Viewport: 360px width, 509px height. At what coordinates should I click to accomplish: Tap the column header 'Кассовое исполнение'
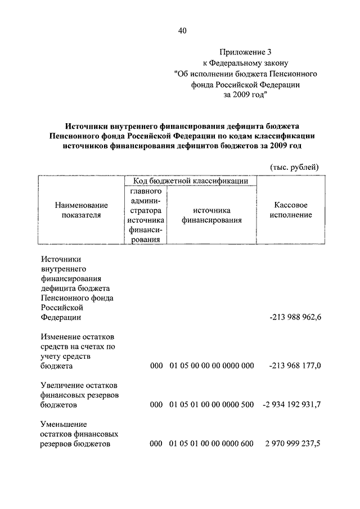pos(291,210)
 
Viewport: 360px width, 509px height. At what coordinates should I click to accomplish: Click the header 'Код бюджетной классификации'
pos(191,181)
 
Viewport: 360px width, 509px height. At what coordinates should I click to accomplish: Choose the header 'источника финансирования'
pos(211,215)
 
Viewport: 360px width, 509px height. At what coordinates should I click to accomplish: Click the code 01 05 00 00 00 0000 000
pos(211,366)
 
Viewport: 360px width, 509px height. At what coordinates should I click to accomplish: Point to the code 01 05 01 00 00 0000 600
pos(211,444)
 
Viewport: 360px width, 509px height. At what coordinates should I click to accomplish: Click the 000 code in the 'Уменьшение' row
pos(156,444)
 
